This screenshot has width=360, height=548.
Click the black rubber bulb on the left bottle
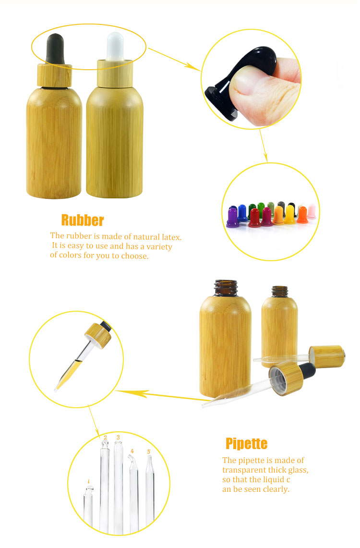tap(55, 49)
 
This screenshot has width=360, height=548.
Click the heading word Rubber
tap(83, 220)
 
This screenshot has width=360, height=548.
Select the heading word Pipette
tap(247, 443)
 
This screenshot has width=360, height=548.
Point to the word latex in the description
tap(171, 237)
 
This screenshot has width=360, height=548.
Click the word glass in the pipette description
tap(298, 470)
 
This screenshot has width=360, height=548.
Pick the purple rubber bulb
tap(232, 218)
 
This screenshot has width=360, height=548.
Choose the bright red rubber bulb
tap(254, 218)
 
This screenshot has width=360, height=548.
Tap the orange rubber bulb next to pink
tap(302, 215)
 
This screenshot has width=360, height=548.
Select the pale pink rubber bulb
tap(312, 211)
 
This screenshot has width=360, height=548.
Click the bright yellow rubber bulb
tap(290, 214)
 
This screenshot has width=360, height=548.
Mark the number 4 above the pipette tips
tap(132, 451)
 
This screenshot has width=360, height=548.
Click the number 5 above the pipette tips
tap(149, 451)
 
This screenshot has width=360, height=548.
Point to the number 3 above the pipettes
tap(119, 437)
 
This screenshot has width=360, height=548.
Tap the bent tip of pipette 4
tap(132, 460)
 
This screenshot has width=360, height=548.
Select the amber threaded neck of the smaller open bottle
tap(280, 292)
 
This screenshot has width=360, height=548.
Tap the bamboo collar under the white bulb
tap(115, 73)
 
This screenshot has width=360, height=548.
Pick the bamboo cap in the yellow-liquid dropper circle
tap(98, 336)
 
